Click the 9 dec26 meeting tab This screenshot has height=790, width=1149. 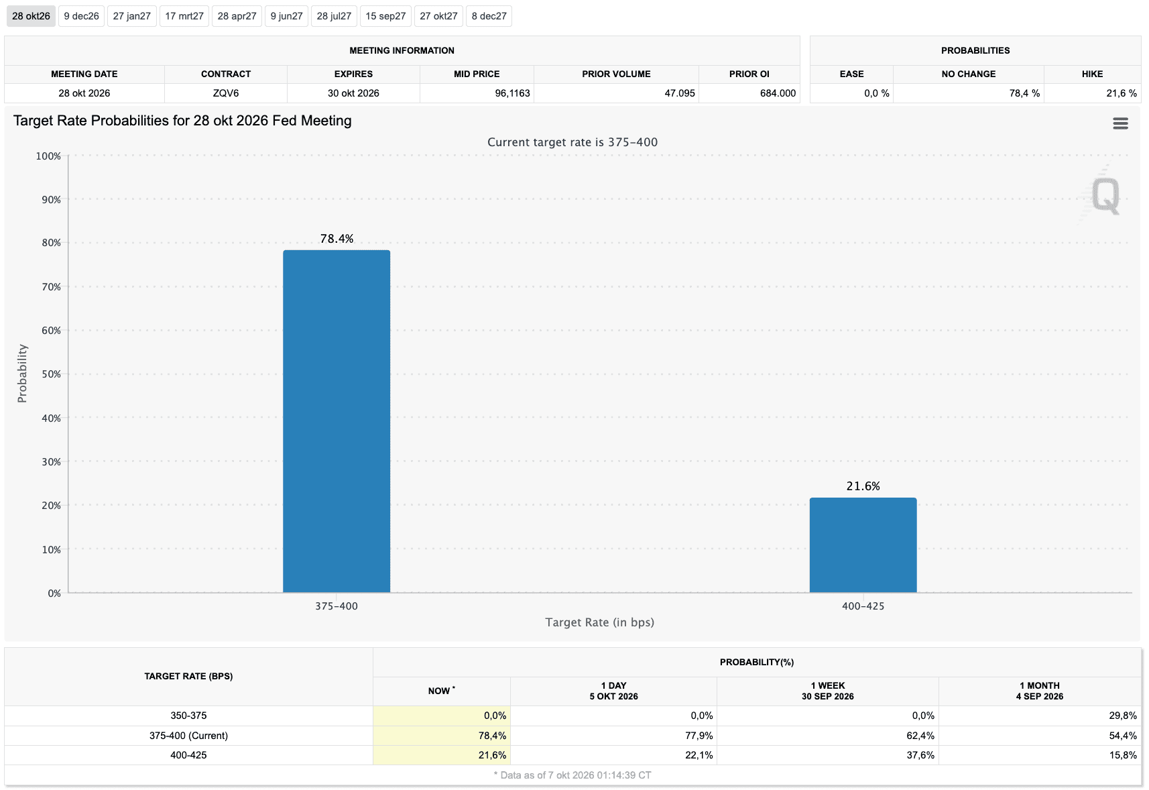[x=81, y=16]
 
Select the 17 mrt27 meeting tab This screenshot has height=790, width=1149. [x=184, y=16]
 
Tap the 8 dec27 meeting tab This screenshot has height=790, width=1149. [x=489, y=16]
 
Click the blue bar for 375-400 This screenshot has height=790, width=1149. [x=337, y=421]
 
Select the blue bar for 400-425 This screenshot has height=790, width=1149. [x=863, y=545]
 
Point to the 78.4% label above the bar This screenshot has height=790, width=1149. [x=337, y=239]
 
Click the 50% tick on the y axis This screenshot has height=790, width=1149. [x=52, y=374]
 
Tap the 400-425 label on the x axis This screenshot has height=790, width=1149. [x=863, y=606]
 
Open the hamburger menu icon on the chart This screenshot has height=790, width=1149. [x=1120, y=123]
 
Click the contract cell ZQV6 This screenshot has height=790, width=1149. [x=226, y=93]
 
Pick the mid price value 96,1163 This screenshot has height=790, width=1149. [x=512, y=93]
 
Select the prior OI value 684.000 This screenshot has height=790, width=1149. [x=778, y=93]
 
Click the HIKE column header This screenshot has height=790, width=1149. [x=1092, y=74]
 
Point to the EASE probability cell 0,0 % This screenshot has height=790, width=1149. [x=877, y=93]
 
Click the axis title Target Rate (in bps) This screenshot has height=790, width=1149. [x=599, y=622]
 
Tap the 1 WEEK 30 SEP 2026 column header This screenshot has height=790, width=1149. [x=827, y=691]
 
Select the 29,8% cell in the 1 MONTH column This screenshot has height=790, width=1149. [x=1123, y=716]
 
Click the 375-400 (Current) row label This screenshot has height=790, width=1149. [x=188, y=736]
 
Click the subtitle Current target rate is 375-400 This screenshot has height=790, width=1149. [x=572, y=142]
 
